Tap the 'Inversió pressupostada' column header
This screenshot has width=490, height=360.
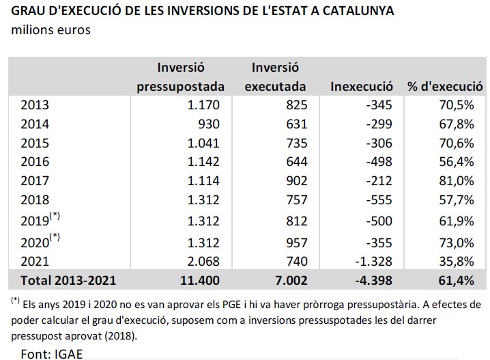(x=181, y=77)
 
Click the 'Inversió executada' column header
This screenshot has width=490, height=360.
(x=275, y=77)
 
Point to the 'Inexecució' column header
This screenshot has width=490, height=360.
(x=361, y=87)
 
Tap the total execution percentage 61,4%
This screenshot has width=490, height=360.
(x=457, y=279)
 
